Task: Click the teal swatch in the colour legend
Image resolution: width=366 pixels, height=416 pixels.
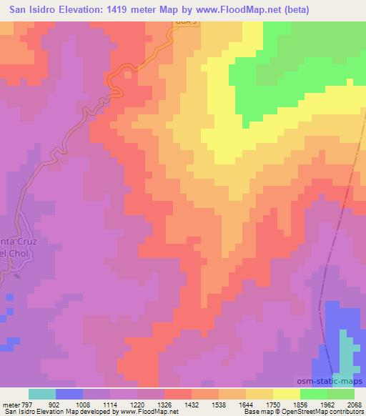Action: click(42, 394)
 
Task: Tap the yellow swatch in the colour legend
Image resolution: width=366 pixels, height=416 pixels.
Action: click(287, 394)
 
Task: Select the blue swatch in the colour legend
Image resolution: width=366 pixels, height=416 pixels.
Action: click(69, 394)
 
